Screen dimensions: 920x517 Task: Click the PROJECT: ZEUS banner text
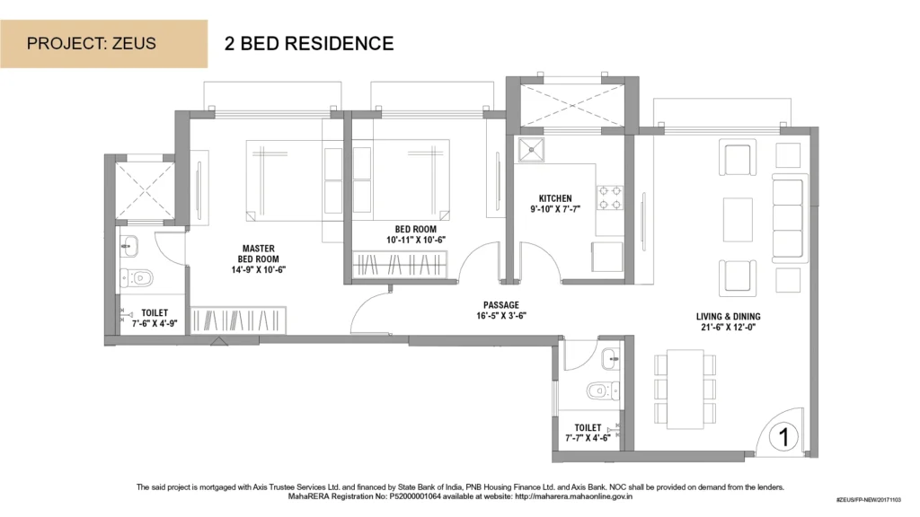click(x=92, y=43)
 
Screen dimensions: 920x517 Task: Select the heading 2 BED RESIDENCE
click(x=309, y=43)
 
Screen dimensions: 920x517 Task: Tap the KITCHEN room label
click(x=555, y=198)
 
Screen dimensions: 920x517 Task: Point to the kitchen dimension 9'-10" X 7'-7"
click(x=555, y=208)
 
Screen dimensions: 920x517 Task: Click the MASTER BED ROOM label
click(x=258, y=254)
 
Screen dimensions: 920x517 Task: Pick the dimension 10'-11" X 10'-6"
click(x=416, y=240)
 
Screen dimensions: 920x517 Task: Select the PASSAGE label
click(x=501, y=305)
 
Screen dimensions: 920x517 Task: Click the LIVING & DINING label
click(x=728, y=317)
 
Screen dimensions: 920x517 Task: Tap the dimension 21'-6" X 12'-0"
click(x=728, y=327)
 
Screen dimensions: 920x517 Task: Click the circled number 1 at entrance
click(x=783, y=437)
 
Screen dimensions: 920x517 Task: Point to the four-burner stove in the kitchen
click(x=610, y=197)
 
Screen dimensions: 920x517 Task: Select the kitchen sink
click(x=531, y=150)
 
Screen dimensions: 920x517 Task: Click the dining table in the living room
click(x=685, y=390)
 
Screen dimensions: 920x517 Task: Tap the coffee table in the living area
click(x=739, y=220)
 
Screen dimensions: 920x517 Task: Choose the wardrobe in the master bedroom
click(x=238, y=320)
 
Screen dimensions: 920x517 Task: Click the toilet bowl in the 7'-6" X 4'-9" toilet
click(x=137, y=277)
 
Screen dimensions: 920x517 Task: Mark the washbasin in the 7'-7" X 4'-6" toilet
click(x=610, y=359)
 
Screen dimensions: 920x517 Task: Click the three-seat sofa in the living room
click(x=788, y=217)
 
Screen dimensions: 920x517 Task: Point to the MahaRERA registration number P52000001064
click(x=410, y=496)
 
